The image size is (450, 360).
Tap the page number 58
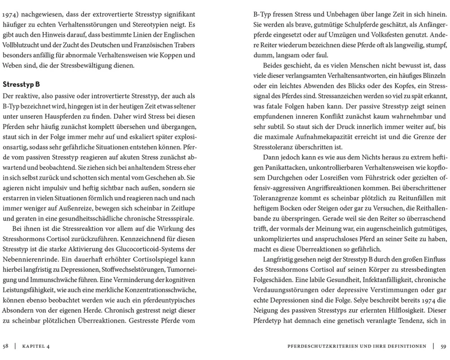pos(6,346)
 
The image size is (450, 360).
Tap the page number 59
pos(443,346)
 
